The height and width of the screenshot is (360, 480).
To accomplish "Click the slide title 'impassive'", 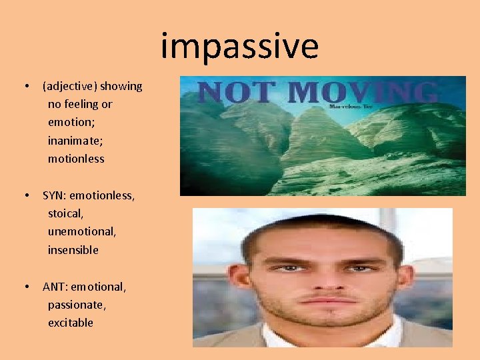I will pos(240,47).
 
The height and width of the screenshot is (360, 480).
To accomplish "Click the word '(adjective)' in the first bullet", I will pos(70,86).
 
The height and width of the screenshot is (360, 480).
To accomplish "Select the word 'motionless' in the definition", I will pos(76,159).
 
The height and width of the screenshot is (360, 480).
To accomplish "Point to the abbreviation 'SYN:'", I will pos(55,196).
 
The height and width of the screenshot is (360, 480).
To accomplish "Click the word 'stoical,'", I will pos(65,214).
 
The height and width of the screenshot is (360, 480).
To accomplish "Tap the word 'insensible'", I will pos(73,250).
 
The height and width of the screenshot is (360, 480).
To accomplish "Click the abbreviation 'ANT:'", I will pos(55,287).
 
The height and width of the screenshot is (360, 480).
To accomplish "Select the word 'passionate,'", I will pos(77,305).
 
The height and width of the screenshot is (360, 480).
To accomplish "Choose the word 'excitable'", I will pos(70,323).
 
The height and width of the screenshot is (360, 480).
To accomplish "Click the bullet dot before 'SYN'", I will pos(26,196).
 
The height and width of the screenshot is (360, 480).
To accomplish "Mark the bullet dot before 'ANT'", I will pos(26,287).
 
